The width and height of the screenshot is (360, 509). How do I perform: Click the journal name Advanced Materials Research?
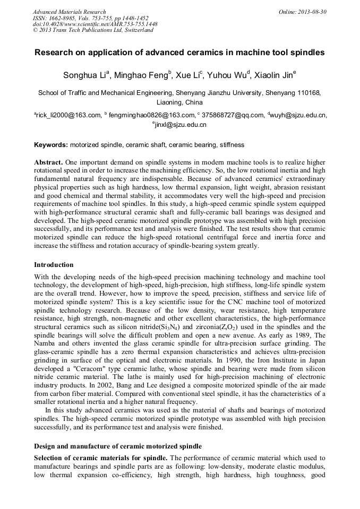pos(70,12)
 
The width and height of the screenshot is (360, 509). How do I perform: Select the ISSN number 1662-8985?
pos(63,18)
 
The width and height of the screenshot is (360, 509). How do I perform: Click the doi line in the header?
pos(95,24)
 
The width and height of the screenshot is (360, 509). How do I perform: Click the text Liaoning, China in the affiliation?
pos(179,102)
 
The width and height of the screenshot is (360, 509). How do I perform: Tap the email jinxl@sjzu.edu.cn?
pos(180,125)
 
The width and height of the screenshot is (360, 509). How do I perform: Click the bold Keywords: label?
pos(51,144)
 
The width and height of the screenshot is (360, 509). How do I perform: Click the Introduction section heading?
pos(54,264)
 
